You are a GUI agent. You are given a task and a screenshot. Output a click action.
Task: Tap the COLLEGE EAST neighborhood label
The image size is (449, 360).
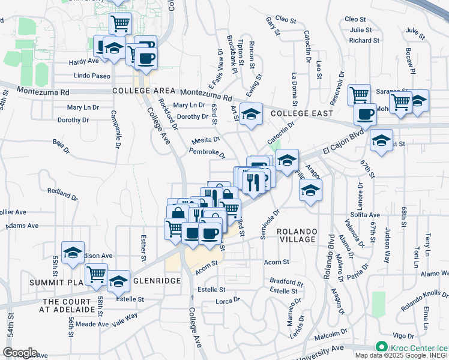point(297,113)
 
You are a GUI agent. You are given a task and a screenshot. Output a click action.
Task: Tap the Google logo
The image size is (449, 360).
point(20,353)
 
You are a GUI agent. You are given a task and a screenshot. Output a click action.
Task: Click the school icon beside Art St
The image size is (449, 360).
point(252,114)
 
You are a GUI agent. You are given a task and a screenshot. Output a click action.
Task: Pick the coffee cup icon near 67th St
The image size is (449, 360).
point(364,113)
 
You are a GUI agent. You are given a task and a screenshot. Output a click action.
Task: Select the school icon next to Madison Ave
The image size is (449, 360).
point(73,253)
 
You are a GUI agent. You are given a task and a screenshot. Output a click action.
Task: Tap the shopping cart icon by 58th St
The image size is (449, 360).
point(96,274)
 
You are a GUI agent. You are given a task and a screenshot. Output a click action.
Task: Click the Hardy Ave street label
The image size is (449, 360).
point(83,61)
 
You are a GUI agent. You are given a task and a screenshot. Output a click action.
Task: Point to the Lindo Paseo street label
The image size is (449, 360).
point(92,76)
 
